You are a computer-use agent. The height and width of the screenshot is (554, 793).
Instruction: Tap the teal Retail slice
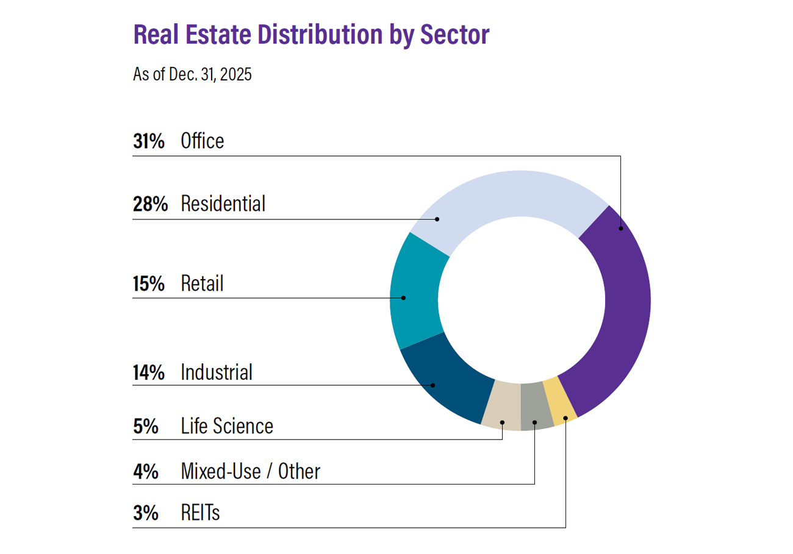415,293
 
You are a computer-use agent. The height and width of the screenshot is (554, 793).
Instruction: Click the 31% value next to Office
149,141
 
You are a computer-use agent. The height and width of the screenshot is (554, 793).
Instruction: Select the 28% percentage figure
150,204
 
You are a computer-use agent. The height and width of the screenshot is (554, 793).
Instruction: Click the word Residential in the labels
223,204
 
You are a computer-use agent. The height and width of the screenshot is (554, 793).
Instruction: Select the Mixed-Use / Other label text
250,471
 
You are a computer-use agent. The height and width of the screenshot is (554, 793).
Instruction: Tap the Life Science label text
227,426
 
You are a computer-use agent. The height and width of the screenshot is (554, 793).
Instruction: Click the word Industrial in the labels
217,372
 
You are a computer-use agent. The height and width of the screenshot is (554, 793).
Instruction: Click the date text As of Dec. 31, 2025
192,75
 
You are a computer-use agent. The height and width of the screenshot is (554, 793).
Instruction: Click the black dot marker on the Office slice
620,228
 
